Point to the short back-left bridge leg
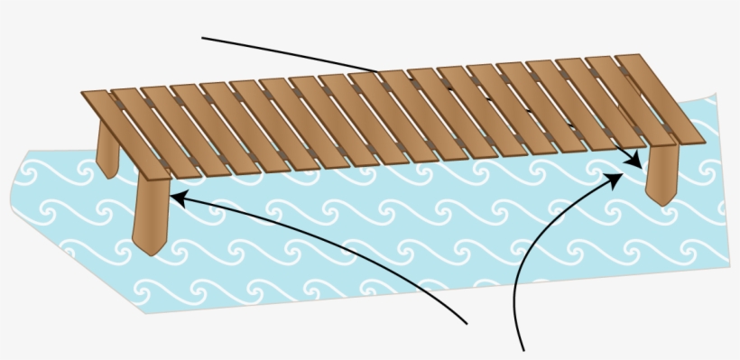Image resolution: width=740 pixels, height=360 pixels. [x=106, y=149]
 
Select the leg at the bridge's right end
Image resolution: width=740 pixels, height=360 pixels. [x=661, y=173]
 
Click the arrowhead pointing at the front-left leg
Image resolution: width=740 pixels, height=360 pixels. [x=173, y=193]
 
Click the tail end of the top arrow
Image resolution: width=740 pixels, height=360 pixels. [x=203, y=39]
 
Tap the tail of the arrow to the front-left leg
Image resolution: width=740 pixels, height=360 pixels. [x=466, y=322]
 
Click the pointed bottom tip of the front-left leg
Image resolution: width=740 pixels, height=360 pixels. [x=145, y=253]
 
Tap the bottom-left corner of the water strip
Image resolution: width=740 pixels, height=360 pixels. [x=144, y=312]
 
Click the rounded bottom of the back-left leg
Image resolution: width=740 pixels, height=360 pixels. [x=110, y=175]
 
